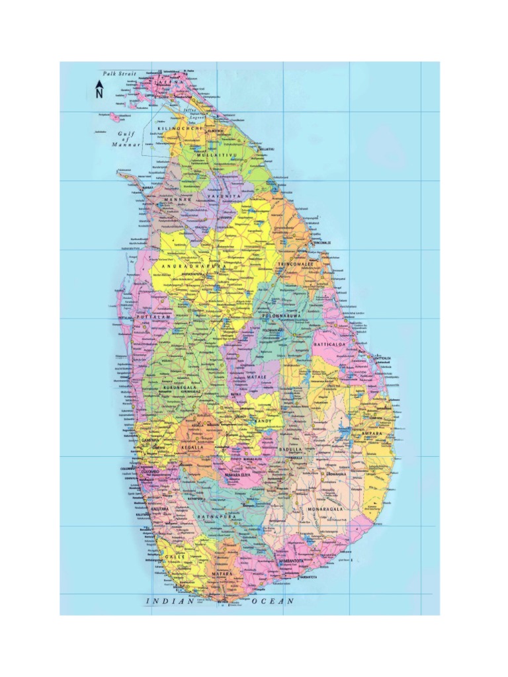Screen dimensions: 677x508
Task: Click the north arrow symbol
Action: pyautogui.click(x=99, y=89)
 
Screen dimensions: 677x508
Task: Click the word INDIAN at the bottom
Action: pyautogui.click(x=170, y=601)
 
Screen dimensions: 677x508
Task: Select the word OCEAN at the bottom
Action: pyautogui.click(x=272, y=601)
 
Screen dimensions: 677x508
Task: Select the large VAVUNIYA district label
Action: pyautogui.click(x=220, y=197)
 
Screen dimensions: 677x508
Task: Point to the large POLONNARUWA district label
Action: pyautogui.click(x=281, y=317)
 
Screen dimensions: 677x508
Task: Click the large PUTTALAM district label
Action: pyautogui.click(x=153, y=318)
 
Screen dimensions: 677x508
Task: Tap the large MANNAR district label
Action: pyautogui.click(x=168, y=198)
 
